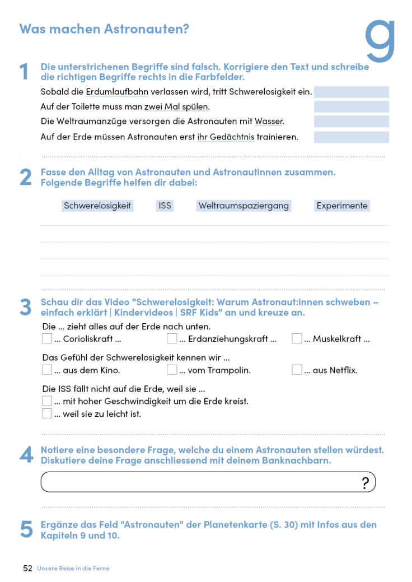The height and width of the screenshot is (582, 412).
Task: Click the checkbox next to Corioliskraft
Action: pyautogui.click(x=47, y=338)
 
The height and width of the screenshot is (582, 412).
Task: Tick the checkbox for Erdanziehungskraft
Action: pyautogui.click(x=172, y=338)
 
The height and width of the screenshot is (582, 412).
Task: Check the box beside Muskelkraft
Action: pyautogui.click(x=297, y=338)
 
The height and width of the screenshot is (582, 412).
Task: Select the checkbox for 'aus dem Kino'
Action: pyautogui.click(x=47, y=370)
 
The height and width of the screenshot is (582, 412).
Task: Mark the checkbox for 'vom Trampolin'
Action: pyautogui.click(x=172, y=370)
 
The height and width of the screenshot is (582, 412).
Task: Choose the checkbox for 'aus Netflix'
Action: pyautogui.click(x=297, y=370)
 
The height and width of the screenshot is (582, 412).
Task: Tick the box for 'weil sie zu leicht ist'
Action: pyautogui.click(x=47, y=414)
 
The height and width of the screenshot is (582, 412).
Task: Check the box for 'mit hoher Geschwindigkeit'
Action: pyautogui.click(x=47, y=401)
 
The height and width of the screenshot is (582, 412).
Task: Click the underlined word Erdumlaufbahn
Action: pyautogui.click(x=118, y=91)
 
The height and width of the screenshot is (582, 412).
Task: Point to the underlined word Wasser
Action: pyautogui.click(x=269, y=121)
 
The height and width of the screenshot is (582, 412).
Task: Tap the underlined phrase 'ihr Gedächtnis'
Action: pyautogui.click(x=226, y=137)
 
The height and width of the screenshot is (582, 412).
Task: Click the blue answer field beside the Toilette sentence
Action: pyautogui.click(x=351, y=106)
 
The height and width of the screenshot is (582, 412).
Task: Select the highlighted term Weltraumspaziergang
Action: pyautogui.click(x=244, y=206)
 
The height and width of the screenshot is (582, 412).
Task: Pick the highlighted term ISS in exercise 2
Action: pyautogui.click(x=165, y=206)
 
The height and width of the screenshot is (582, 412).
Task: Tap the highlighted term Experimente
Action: pyautogui.click(x=342, y=206)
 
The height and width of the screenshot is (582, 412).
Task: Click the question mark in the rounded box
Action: pyautogui.click(x=366, y=483)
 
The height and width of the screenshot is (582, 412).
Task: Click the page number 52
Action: pyautogui.click(x=27, y=568)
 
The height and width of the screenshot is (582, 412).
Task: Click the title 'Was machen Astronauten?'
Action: pyautogui.click(x=104, y=29)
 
